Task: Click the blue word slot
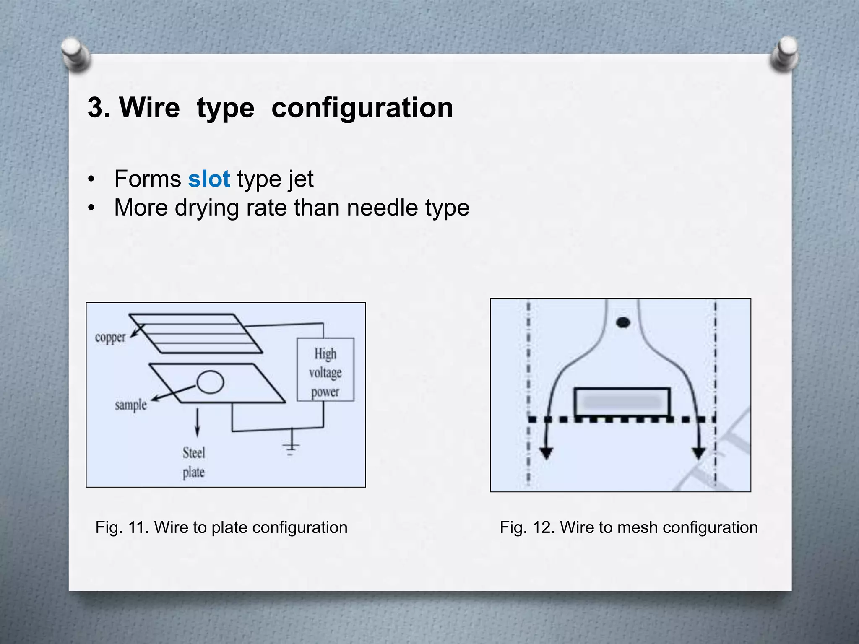[x=209, y=179]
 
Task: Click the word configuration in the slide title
[x=362, y=108]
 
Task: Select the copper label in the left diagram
[x=110, y=338]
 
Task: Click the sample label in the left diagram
[x=131, y=405]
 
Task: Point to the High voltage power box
[x=325, y=369]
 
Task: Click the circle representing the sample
[x=210, y=382]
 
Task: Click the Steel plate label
[x=194, y=462]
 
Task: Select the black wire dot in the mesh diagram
[x=623, y=322]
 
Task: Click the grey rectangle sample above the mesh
[x=622, y=402]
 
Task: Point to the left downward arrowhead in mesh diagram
[x=546, y=453]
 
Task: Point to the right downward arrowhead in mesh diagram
[x=699, y=453]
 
